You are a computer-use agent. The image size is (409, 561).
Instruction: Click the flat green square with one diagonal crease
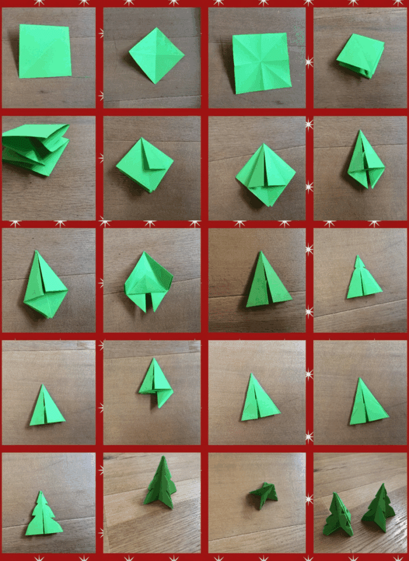tap(45, 51)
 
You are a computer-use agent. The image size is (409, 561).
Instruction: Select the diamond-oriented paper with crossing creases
tap(157, 55)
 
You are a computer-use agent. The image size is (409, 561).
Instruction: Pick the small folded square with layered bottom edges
tap(360, 55)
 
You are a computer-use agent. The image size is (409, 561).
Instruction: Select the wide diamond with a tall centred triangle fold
tap(266, 174)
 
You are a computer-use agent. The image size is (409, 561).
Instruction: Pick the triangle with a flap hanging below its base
tap(156, 383)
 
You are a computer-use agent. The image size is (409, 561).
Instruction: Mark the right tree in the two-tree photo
tap(379, 507)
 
